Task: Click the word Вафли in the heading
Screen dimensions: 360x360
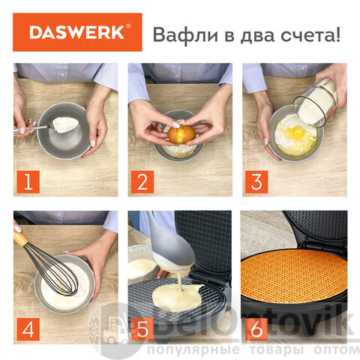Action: point(185,34)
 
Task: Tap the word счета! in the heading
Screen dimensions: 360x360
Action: point(310,36)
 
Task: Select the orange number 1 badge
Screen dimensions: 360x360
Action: point(28,181)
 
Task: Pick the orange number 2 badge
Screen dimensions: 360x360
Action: point(142,181)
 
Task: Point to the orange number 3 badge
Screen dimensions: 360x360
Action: point(256,181)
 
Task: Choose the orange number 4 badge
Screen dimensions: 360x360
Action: point(28,329)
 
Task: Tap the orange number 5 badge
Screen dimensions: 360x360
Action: point(142,329)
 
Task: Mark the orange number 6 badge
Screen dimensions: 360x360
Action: point(256,329)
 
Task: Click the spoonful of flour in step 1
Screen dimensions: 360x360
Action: point(65,124)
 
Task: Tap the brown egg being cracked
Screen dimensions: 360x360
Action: point(181,134)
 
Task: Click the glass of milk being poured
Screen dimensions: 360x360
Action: point(316,103)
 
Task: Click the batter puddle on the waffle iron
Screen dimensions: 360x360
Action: point(177,297)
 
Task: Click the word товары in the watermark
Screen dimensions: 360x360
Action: point(277,349)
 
